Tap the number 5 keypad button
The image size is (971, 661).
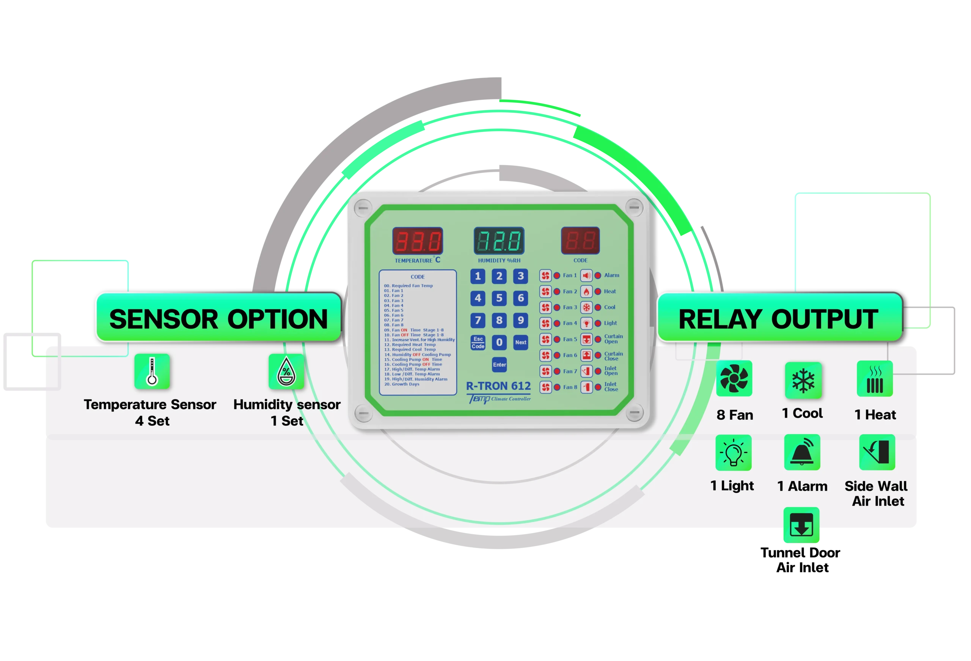(499, 298)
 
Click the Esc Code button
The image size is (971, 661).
(478, 342)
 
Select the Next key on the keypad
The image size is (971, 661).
(521, 342)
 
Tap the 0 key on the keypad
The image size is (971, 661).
(499, 342)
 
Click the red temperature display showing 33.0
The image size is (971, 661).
(417, 241)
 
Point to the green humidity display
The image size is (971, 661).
(499, 241)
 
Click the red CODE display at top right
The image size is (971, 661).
(580, 241)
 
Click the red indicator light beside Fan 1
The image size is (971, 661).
(557, 275)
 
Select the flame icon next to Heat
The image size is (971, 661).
(587, 291)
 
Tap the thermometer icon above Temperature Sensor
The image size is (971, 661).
(152, 371)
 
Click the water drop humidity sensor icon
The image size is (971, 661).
(286, 371)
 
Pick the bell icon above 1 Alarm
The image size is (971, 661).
(802, 452)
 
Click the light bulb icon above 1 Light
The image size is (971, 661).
(734, 453)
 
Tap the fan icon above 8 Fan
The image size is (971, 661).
(734, 378)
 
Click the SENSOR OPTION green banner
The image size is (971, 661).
(218, 319)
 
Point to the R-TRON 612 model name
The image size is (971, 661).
(498, 386)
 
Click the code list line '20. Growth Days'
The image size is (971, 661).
(402, 384)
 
